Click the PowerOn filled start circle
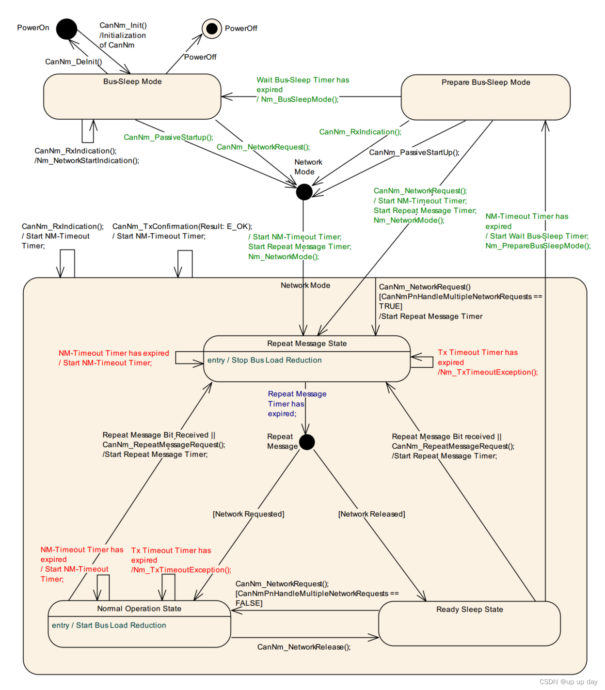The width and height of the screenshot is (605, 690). coord(66,29)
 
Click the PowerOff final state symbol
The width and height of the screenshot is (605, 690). coord(212,29)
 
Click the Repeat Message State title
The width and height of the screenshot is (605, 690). coord(307,344)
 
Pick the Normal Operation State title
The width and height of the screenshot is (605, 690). coord(139,609)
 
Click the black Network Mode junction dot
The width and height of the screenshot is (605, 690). coord(304,192)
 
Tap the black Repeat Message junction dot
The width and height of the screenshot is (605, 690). coord(307,442)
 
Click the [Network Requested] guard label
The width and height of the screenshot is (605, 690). coord(248,514)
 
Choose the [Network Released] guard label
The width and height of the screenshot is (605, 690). coord(371,514)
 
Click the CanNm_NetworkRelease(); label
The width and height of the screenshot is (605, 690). coord(304,647)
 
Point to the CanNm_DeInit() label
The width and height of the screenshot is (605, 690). coord(73,62)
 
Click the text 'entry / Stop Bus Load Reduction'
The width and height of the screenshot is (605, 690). coord(264,360)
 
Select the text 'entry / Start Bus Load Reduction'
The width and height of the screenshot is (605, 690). coord(109,626)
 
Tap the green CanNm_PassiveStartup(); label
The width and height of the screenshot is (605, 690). coord(168,137)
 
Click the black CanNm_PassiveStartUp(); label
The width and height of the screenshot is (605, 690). coord(414,152)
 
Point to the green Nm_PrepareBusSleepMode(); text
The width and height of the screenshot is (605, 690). coord(538,246)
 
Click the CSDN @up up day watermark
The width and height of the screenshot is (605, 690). coord(568,682)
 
